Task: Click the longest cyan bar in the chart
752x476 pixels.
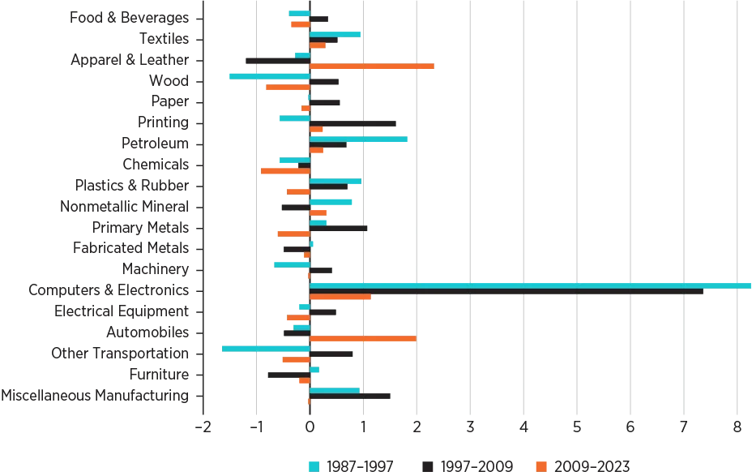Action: pyautogui.click(x=531, y=285)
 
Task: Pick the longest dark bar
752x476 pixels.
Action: pyautogui.click(x=506, y=292)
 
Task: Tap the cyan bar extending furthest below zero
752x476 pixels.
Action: pyautogui.click(x=265, y=349)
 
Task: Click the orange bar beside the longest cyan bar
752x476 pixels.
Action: pyautogui.click(x=340, y=298)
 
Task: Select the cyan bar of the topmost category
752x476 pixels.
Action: pyautogui.click(x=298, y=13)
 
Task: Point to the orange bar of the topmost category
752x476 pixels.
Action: pyautogui.click(x=300, y=24)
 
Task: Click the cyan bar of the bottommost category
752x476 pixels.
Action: pyautogui.click(x=335, y=390)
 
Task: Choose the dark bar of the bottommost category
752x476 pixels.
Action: pyautogui.click(x=352, y=397)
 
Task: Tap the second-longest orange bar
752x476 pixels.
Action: pyautogui.click(x=363, y=338)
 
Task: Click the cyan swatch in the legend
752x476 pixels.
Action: pyautogui.click(x=314, y=466)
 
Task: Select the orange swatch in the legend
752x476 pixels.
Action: pyautogui.click(x=541, y=466)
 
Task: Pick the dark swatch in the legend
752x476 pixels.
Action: pyautogui.click(x=427, y=466)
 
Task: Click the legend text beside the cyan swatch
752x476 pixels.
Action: pyautogui.click(x=361, y=466)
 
